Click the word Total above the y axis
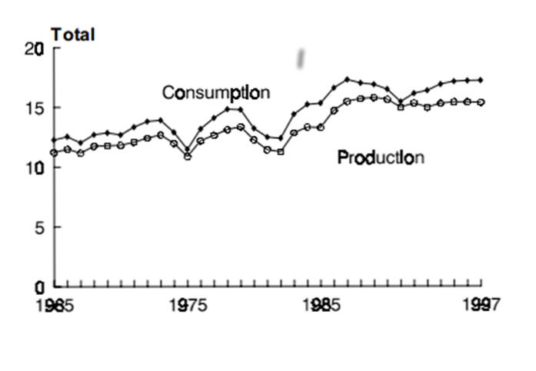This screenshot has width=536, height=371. click(x=72, y=35)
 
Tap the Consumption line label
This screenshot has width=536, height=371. click(x=215, y=93)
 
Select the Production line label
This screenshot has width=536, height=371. click(x=381, y=157)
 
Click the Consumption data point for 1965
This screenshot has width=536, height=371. click(x=54, y=140)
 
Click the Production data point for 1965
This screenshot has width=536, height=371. click(x=54, y=152)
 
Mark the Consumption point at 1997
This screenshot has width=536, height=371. click(x=481, y=80)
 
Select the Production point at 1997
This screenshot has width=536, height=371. click(x=481, y=102)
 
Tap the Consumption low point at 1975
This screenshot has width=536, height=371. click(x=187, y=150)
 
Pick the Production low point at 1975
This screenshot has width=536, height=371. click(x=187, y=157)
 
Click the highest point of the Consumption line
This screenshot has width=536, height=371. click(x=348, y=79)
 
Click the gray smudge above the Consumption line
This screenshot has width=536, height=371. click(x=302, y=57)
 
